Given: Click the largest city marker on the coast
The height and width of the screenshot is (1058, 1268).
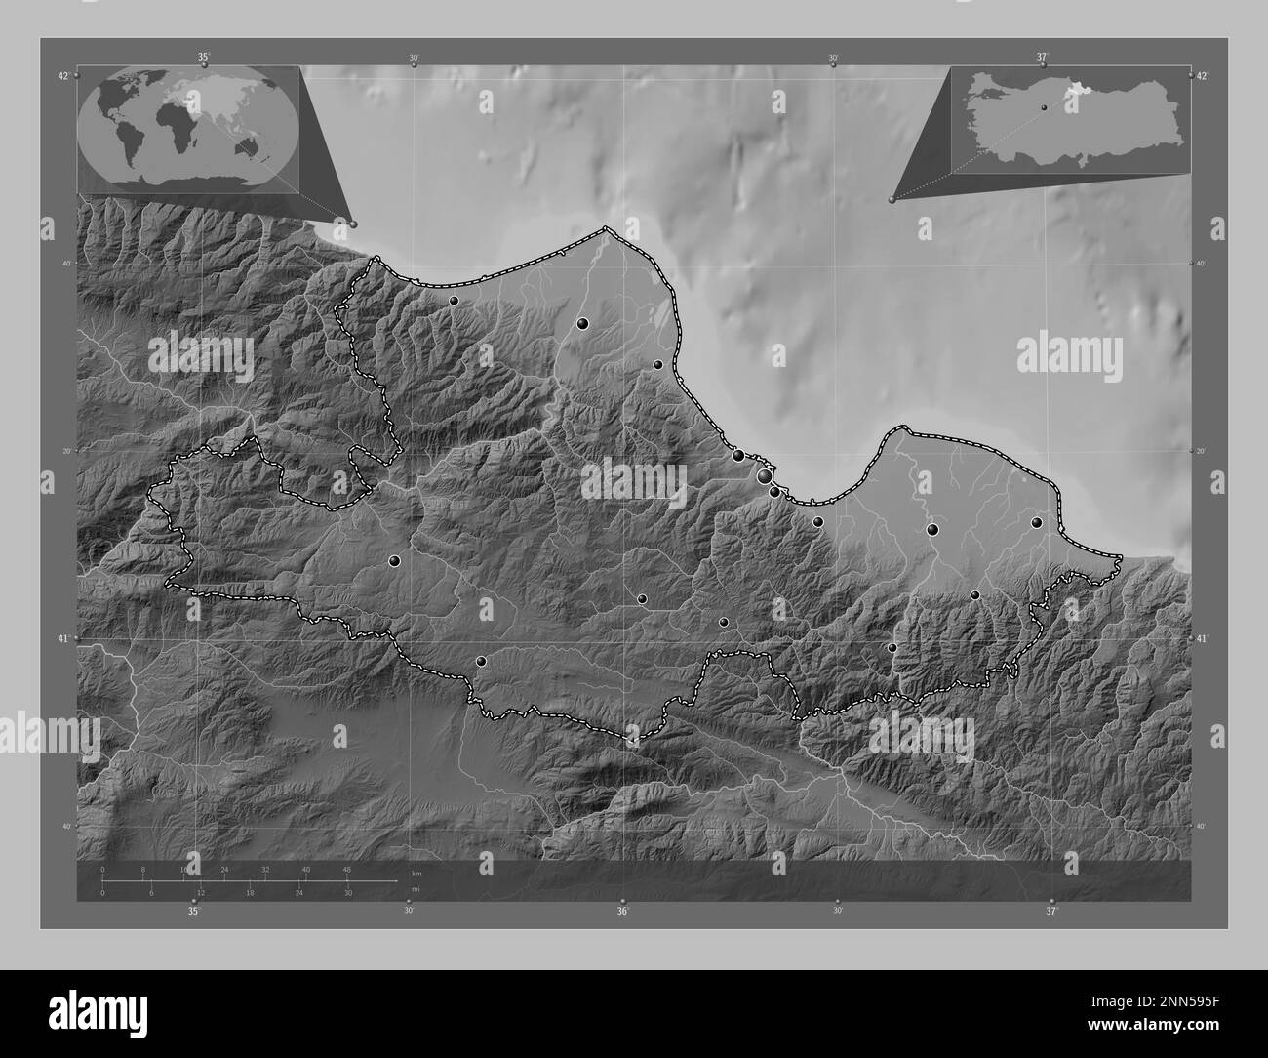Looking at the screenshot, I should [764, 476].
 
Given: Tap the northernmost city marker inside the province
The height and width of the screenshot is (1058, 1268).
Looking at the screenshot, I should [454, 301].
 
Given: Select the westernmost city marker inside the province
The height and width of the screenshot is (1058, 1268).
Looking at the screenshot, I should [394, 561].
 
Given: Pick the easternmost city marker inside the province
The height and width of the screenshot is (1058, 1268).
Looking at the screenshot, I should [1037, 522].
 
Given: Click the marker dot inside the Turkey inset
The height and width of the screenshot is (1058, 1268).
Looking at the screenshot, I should [1044, 107].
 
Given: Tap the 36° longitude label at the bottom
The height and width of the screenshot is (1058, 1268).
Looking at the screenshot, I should [622, 912].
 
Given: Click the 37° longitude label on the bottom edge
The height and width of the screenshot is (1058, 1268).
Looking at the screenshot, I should [1050, 912].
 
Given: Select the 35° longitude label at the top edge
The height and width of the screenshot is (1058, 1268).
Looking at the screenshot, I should [203, 57].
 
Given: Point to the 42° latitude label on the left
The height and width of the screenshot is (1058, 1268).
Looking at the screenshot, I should [63, 76].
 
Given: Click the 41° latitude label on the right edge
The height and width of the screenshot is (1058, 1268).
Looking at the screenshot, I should [1203, 638].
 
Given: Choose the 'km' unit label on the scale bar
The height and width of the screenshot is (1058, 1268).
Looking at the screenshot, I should [416, 874].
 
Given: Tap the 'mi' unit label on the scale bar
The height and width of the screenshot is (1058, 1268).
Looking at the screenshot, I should [415, 890].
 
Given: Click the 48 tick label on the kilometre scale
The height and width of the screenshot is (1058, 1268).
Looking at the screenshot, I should [346, 869].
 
